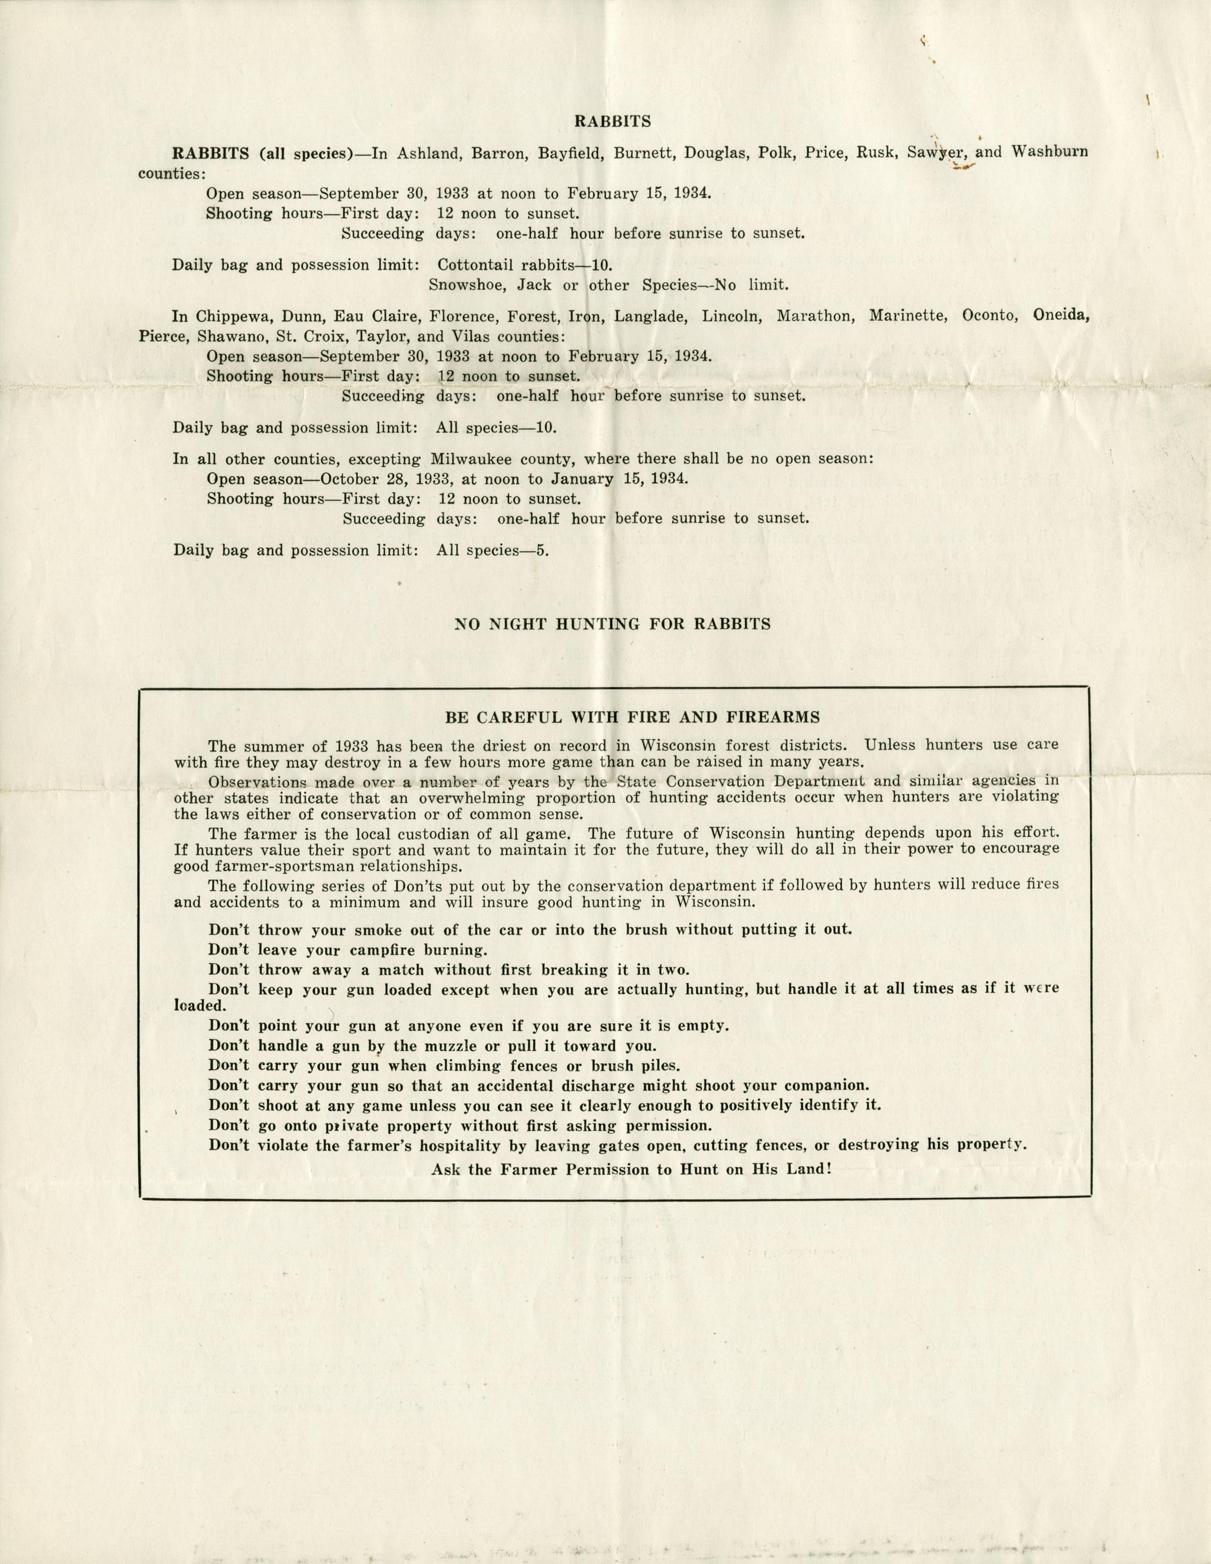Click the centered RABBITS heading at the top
click(612, 122)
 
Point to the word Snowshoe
click(459, 285)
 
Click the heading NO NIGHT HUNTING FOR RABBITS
click(612, 623)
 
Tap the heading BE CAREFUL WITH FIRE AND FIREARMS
click(632, 717)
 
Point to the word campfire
click(400, 950)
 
